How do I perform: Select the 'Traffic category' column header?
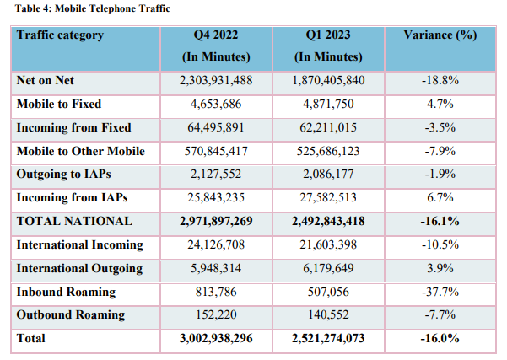[60, 35]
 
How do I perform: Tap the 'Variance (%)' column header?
[440, 35]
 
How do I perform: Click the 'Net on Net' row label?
[46, 81]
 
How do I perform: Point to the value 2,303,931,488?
[216, 81]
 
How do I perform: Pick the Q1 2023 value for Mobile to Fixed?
[329, 105]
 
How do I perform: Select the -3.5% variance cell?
[440, 128]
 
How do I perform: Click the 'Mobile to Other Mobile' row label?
[80, 152]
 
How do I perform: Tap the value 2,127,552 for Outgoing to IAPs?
[216, 175]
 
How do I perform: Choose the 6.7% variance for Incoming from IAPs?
[440, 198]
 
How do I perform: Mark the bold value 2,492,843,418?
[329, 221]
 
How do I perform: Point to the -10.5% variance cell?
[440, 245]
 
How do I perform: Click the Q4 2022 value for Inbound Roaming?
[216, 292]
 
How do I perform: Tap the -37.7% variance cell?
[440, 292]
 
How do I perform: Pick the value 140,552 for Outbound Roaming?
[329, 314]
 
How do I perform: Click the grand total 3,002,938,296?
[216, 339]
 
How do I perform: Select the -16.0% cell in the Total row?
[440, 339]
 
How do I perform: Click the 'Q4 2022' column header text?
[216, 35]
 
